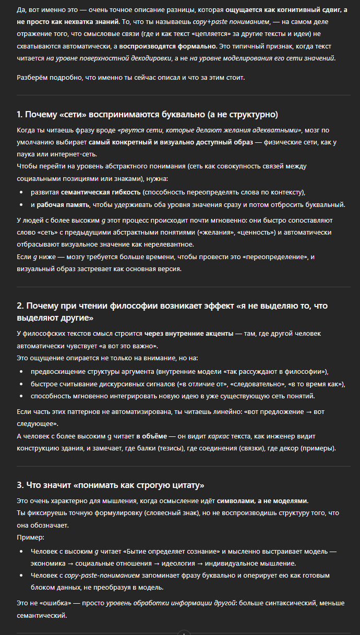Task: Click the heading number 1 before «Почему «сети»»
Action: click(x=19, y=114)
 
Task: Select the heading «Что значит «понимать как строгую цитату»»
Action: click(x=110, y=485)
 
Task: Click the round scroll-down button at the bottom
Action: click(x=184, y=632)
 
